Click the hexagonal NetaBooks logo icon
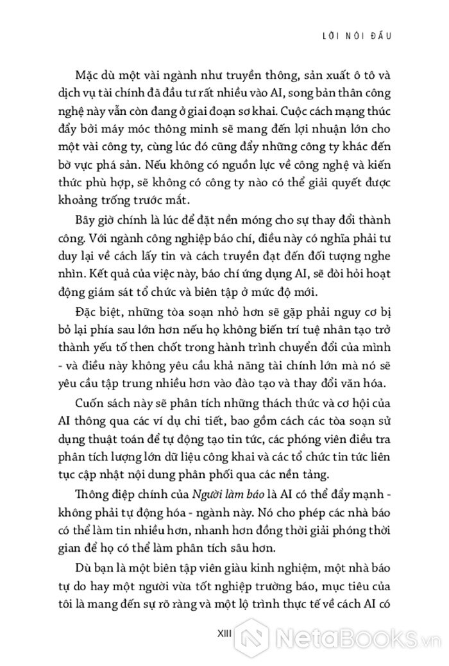260,636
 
